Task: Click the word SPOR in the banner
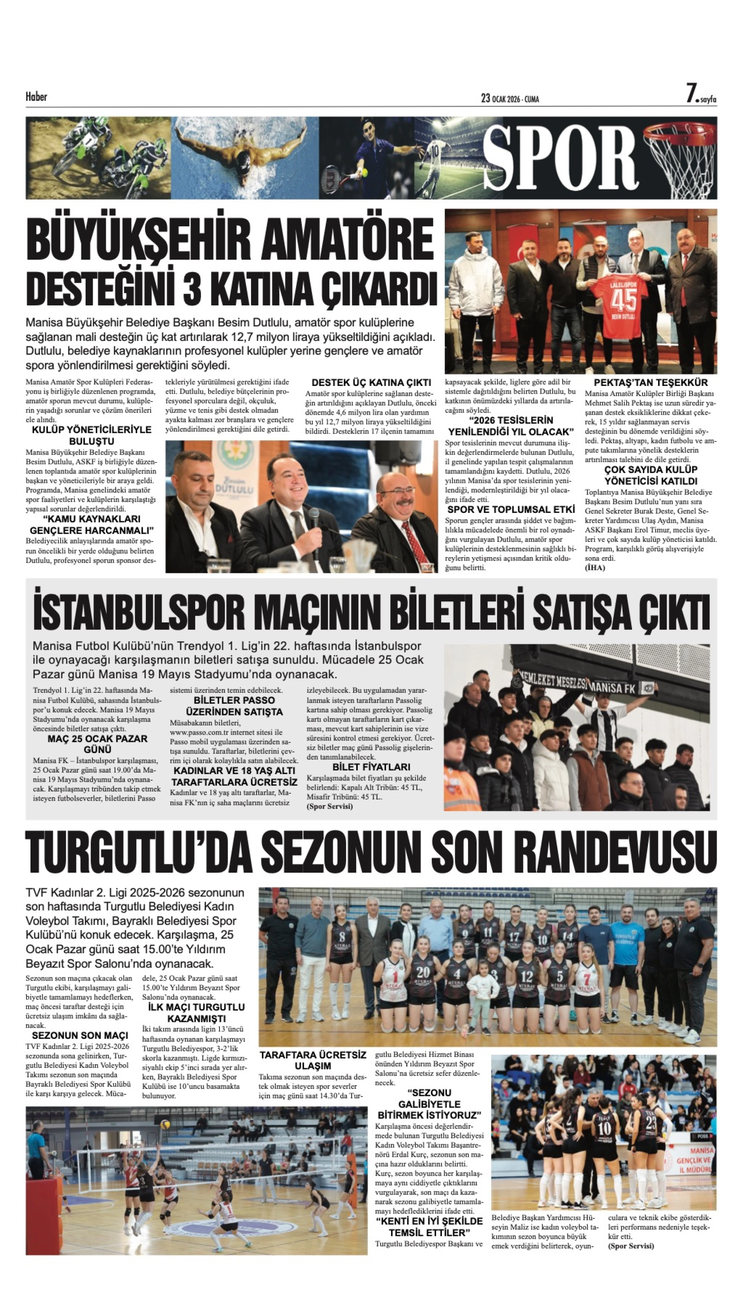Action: tap(560, 158)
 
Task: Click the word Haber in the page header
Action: tap(36, 97)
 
